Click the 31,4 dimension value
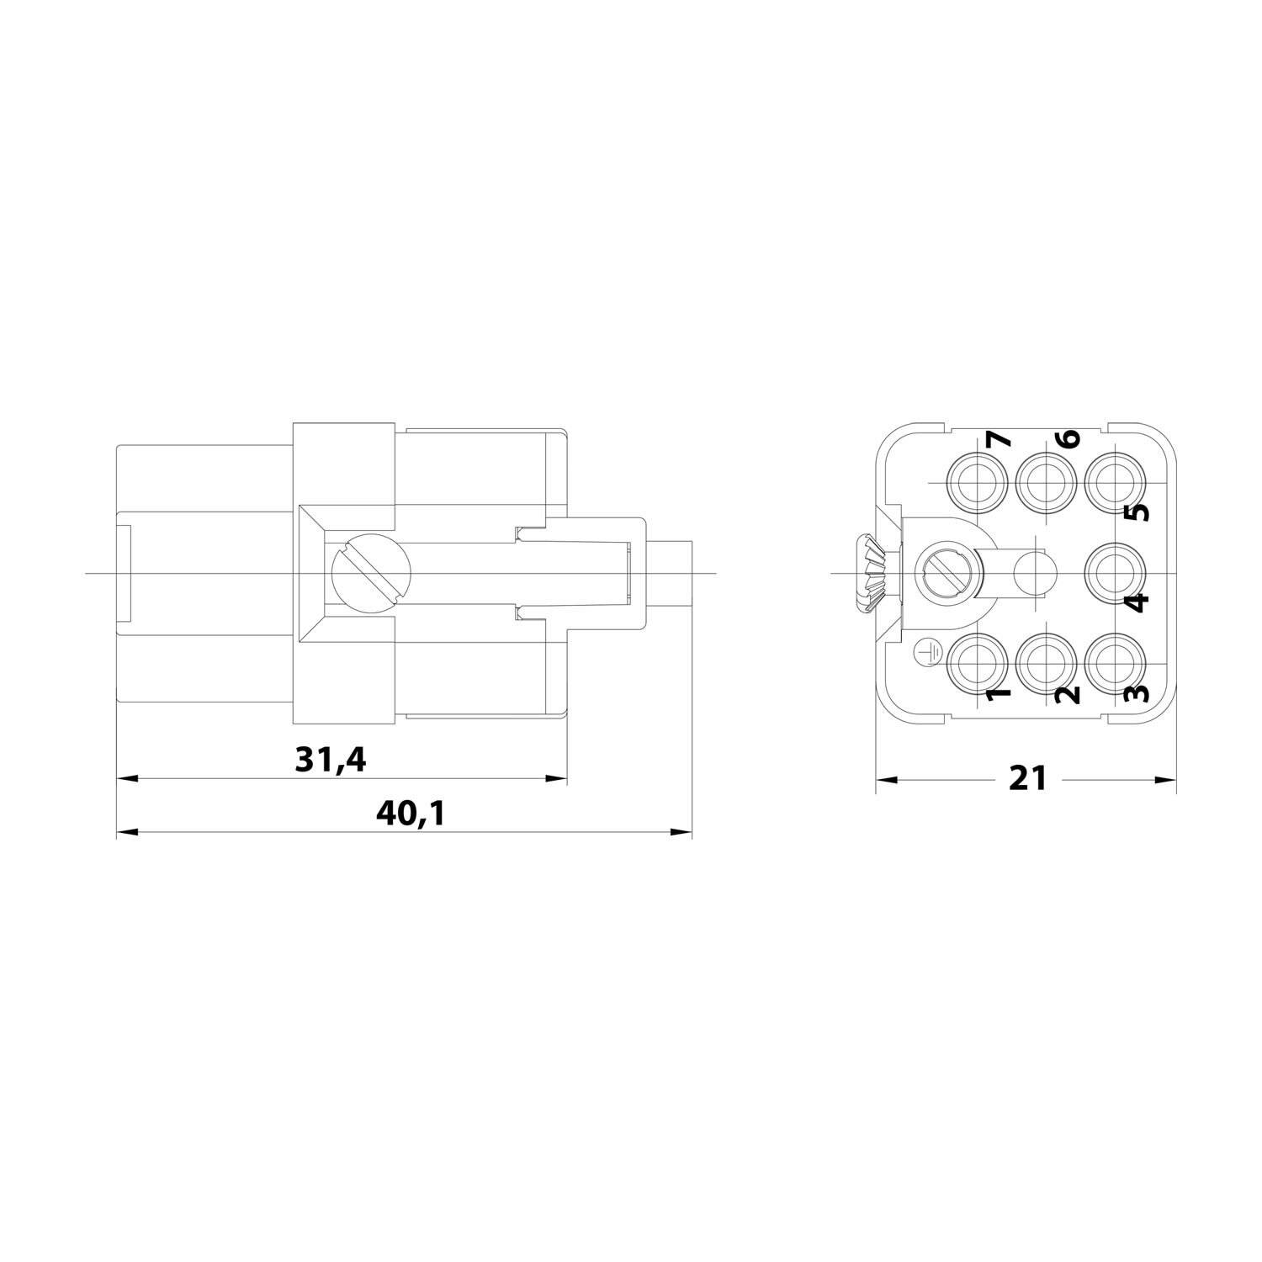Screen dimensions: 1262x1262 (x=331, y=761)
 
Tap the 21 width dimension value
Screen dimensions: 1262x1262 (x=1028, y=778)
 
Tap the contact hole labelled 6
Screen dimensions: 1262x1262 (x=1046, y=483)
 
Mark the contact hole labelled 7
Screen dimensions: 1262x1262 (x=977, y=483)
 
